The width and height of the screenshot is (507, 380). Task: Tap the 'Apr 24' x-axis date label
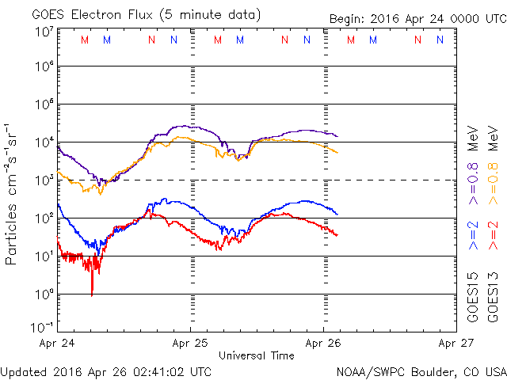click(56, 344)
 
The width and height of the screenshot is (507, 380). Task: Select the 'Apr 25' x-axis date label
click(190, 344)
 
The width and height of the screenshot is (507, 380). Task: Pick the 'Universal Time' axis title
click(257, 356)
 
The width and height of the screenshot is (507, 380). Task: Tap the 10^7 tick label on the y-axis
click(43, 32)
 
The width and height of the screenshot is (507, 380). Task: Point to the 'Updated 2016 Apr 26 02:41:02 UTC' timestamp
click(106, 371)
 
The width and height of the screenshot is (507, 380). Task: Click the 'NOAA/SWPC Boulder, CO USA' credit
click(421, 371)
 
